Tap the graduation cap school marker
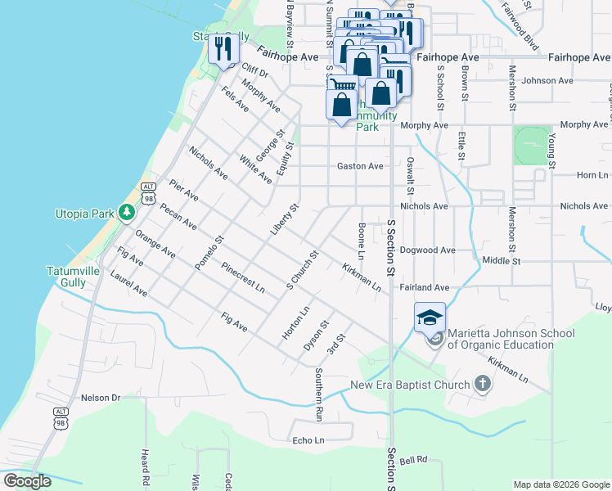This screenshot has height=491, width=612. pos(430,317)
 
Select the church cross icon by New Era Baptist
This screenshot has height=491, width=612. pos(483,384)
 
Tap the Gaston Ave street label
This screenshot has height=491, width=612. pos(360,166)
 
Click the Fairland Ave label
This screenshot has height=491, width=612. pos(425,287)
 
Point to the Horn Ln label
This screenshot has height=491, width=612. pos(592,175)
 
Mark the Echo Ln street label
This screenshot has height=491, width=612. pos(308,440)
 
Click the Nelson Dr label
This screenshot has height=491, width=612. pos(101,398)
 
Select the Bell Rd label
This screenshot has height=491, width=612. pos(414,460)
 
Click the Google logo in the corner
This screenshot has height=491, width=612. pos(27,481)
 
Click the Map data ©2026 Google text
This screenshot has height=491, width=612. pos(560,484)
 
